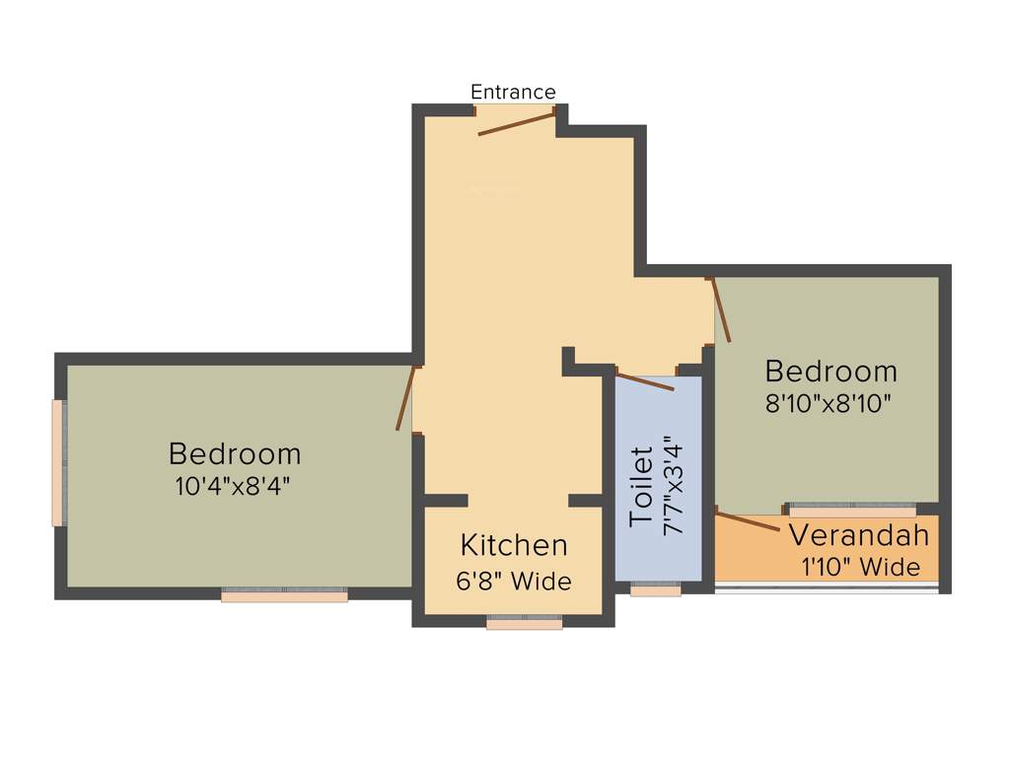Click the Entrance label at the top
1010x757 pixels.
coord(513,92)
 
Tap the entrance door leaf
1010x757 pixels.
coord(517,123)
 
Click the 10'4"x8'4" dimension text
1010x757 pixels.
coord(234,485)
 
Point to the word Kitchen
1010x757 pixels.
coord(514,545)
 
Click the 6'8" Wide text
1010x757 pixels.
coord(514,582)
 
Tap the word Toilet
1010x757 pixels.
coord(641,485)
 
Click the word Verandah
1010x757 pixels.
coord(859,536)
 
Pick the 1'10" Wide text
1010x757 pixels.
coord(861,568)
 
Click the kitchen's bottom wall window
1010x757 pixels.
coord(524,622)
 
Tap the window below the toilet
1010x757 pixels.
coord(656,589)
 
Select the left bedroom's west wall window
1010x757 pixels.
coord(59,463)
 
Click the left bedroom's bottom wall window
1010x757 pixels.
coord(284,594)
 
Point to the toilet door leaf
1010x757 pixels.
coord(645,380)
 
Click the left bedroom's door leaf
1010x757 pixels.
coord(404,398)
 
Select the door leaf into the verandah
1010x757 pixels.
coord(748,521)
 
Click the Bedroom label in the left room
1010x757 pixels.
coord(234,453)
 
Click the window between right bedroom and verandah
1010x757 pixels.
coord(852,510)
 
